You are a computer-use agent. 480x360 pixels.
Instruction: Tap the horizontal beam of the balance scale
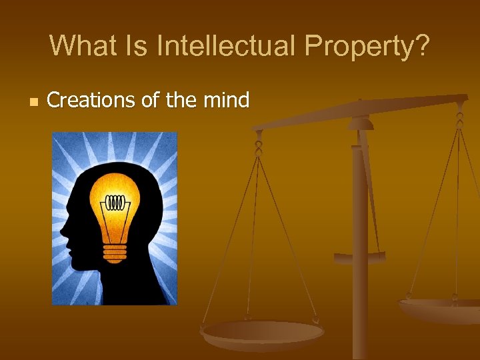360,111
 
